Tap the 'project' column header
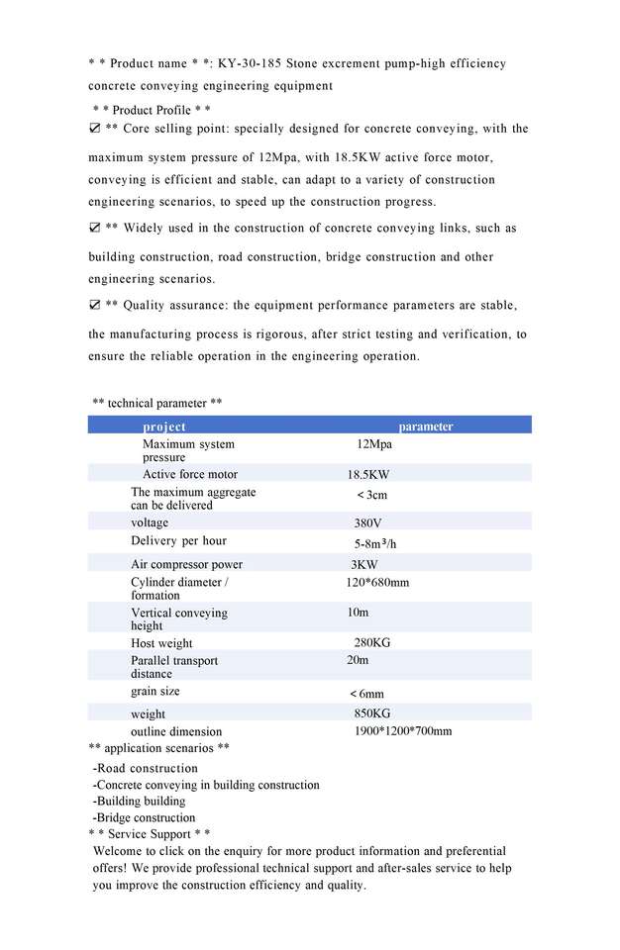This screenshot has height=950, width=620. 164,427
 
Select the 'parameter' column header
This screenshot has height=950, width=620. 426,427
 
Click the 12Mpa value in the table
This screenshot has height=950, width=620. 374,444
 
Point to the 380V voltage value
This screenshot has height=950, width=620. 368,522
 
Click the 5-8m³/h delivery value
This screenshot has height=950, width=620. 375,543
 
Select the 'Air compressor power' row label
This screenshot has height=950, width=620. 186,564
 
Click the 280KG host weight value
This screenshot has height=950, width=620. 372,642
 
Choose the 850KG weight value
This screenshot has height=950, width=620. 372,713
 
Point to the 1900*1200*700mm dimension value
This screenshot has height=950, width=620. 403,731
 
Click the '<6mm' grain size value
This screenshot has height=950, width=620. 366,694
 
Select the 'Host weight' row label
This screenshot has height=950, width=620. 162,643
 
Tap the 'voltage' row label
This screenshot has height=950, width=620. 150,522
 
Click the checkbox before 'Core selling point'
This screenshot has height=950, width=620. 94,129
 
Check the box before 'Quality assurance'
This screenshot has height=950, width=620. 94,305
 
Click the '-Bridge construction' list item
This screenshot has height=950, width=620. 144,817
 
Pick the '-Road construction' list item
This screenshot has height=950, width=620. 145,768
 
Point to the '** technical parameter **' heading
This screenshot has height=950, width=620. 156,403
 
